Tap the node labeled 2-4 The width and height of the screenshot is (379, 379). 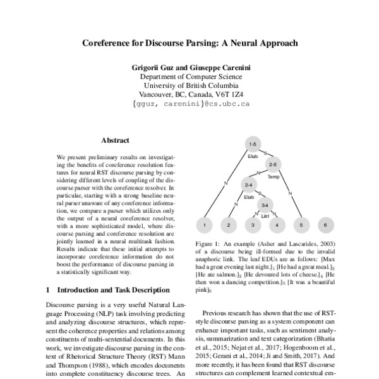pos(249,184)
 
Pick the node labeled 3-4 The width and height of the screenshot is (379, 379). pos(265,205)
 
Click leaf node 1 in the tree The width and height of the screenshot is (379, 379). pos(204,224)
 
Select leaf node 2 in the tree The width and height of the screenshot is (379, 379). pos(229,224)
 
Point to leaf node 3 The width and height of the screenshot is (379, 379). pos(253,224)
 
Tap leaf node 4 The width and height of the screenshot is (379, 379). pos(277,224)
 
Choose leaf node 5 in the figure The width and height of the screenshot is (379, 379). pos(301,224)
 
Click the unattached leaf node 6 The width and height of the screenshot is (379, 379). pos(326,224)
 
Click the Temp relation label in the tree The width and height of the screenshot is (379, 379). pos(274,177)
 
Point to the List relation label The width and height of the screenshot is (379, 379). pos(265,216)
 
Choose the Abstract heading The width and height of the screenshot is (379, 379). pos(115,140)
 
